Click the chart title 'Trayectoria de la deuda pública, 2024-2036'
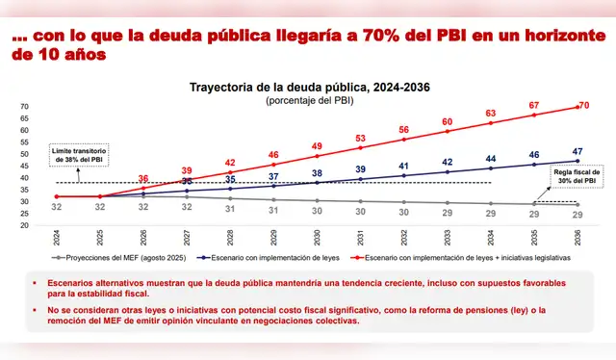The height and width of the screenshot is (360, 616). pos(308,85)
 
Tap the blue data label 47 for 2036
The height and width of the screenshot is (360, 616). pos(577,151)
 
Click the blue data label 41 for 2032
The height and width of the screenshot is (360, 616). pos(403,166)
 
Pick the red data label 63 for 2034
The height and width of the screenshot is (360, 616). pos(490,113)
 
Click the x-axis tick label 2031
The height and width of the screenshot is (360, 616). pos(360,237)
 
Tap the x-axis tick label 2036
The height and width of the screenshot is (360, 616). pos(577,237)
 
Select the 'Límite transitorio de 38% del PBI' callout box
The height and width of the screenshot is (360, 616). pos(78,156)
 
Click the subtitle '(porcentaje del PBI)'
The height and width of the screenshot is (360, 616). pos(308,100)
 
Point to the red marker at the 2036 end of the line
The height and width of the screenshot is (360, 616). pos(577,107)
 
